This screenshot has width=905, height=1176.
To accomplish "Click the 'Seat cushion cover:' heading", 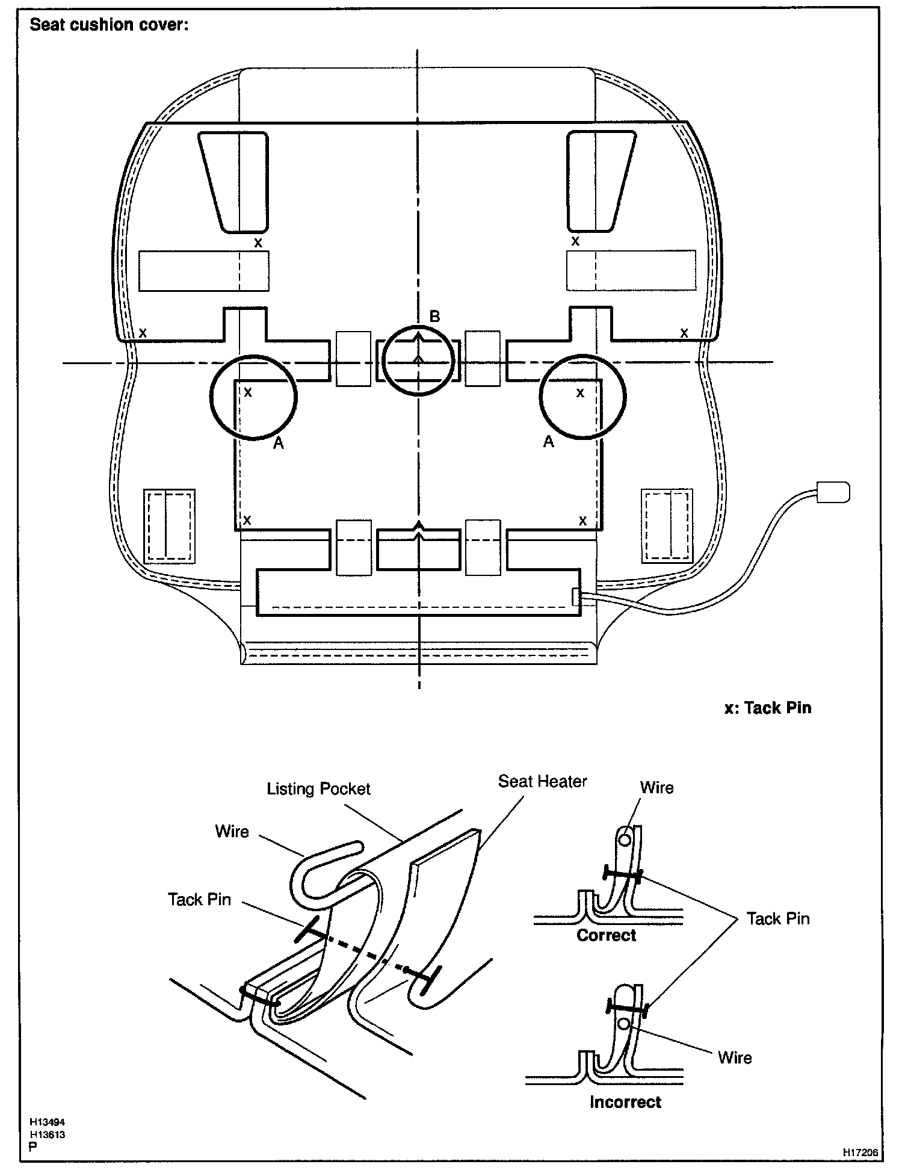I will point(109,25).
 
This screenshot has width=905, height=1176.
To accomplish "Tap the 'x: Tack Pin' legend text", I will point(768,708).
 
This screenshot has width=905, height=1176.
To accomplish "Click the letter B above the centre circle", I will point(434,317).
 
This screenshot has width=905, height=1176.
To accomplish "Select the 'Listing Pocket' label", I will point(318,789).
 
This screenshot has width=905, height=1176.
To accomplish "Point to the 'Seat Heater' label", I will point(542,781).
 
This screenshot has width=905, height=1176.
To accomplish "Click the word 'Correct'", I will point(606,935).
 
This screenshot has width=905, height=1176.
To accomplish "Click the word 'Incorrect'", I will point(625,1102).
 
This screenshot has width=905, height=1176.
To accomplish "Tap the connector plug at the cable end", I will point(833,492).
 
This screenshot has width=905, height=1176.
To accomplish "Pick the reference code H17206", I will point(860,1153).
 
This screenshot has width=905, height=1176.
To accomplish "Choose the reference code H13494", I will point(48,1123).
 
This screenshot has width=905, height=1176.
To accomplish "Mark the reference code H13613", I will point(48,1135).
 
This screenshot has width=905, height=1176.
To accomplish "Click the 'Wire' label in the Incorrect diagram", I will point(735,1057).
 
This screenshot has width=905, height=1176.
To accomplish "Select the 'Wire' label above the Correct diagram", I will point(656,788).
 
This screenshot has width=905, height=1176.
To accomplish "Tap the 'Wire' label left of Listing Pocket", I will point(232,831).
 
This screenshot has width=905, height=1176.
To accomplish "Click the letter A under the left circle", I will point(278,444).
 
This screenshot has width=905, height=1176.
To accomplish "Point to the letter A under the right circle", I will point(548,442).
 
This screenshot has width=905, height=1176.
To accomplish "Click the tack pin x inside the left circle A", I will point(248,392).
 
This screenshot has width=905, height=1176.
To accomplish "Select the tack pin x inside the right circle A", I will point(580,393).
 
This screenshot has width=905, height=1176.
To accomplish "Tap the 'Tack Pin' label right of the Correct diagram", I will point(778,918).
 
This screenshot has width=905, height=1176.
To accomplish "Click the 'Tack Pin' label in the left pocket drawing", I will point(199,899).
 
